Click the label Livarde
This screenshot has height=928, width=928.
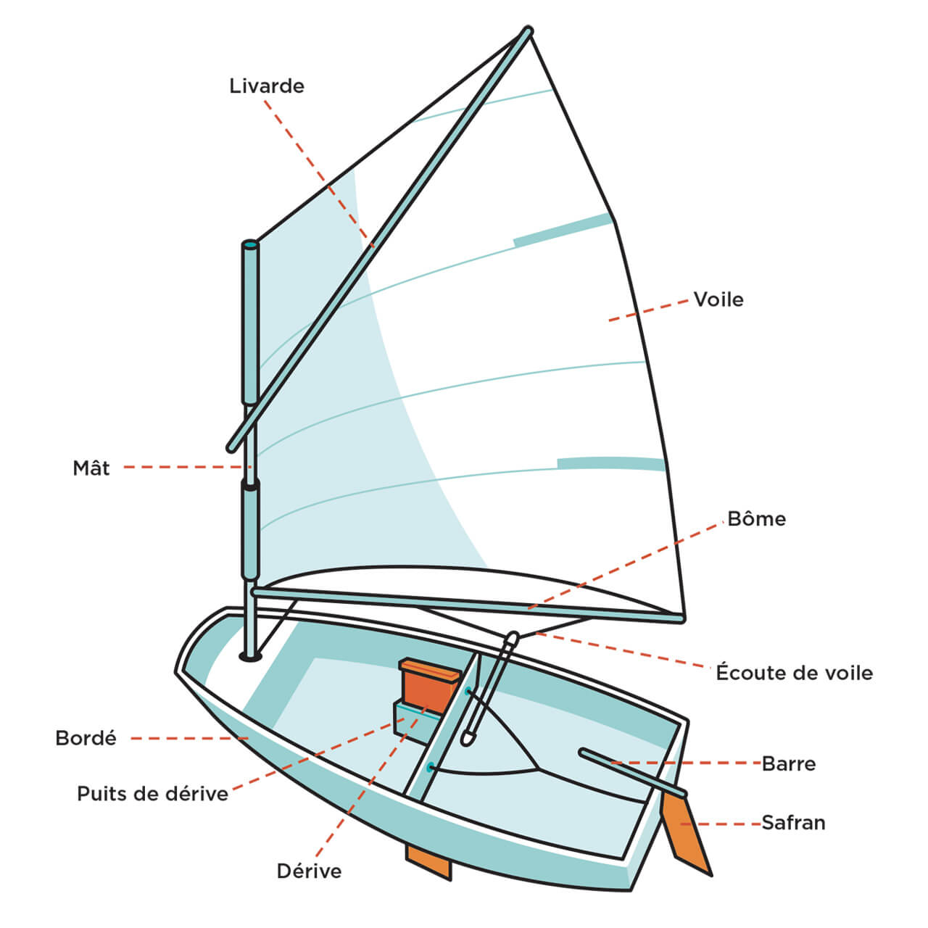tap(267, 86)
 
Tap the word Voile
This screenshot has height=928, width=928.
tap(718, 299)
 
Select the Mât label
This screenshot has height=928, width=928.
tap(91, 468)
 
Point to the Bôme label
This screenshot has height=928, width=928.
tap(756, 519)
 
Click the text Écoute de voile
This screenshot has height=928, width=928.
tap(794, 673)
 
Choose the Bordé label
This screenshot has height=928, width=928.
tap(86, 738)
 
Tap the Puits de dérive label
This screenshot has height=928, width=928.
tap(152, 793)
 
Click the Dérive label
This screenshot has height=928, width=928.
tap(309, 871)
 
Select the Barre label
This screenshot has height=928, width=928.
tap(789, 763)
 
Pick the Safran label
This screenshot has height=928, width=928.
tap(793, 823)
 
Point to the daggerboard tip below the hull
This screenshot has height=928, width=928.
tap(429, 863)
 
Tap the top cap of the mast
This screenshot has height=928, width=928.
tap(249, 245)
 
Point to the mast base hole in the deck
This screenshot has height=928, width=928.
tap(250, 656)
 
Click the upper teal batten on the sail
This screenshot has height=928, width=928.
tap(563, 231)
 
